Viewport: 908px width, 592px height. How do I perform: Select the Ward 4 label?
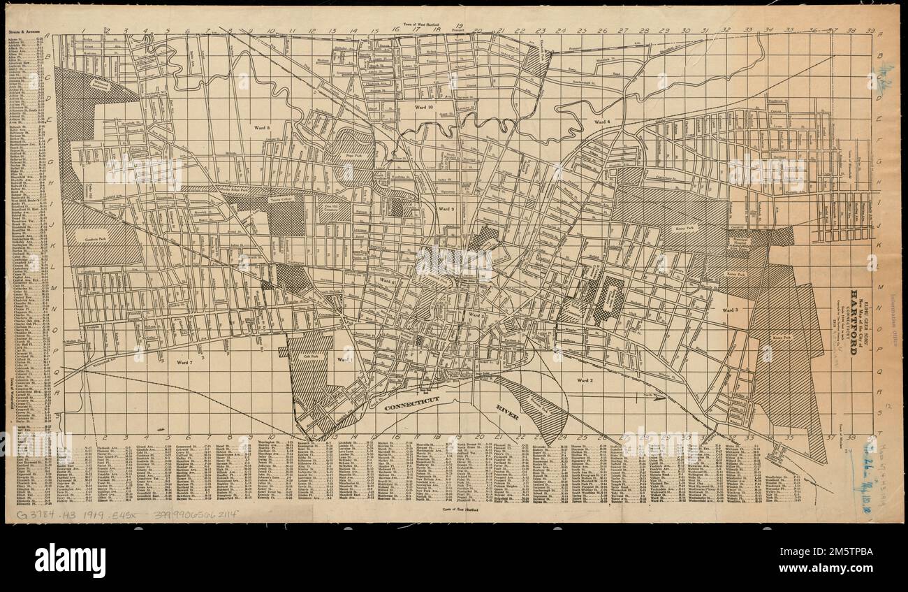click(x=602, y=122)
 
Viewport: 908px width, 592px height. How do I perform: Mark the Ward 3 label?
click(x=731, y=309)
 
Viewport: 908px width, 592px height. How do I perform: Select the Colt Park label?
click(x=302, y=356)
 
